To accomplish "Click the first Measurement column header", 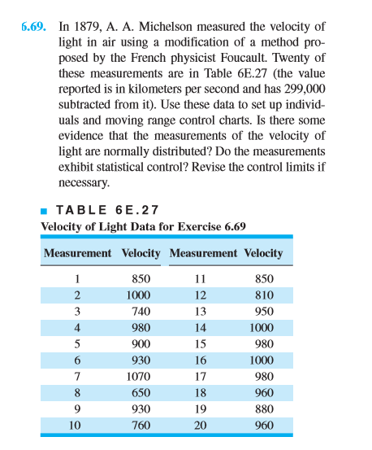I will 77,253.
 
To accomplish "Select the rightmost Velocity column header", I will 262,253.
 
